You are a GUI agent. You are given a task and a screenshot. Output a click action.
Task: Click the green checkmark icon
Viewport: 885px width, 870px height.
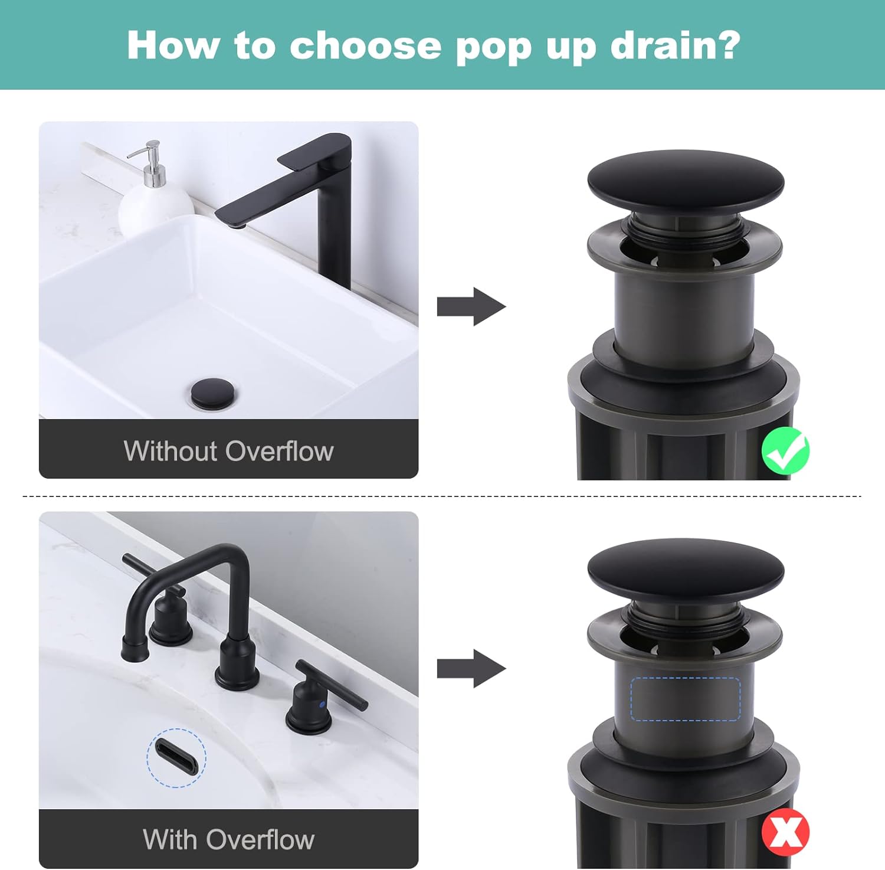click(785, 451)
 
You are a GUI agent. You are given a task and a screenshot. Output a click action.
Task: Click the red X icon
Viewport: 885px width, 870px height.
click(785, 832)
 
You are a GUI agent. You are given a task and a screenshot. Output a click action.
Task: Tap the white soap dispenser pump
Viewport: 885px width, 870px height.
click(154, 195)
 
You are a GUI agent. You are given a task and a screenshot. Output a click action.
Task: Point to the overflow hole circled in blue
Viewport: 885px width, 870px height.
click(176, 757)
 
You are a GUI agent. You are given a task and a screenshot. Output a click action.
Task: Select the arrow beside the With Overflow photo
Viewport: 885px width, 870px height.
click(471, 669)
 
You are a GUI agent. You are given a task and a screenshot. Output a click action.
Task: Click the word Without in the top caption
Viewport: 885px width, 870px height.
click(171, 452)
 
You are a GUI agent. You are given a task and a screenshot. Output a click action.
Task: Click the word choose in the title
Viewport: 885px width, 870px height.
click(365, 45)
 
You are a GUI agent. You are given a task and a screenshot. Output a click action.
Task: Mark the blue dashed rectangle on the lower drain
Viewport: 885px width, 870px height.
click(685, 699)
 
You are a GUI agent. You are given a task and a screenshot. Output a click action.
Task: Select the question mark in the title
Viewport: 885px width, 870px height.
click(730, 45)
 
